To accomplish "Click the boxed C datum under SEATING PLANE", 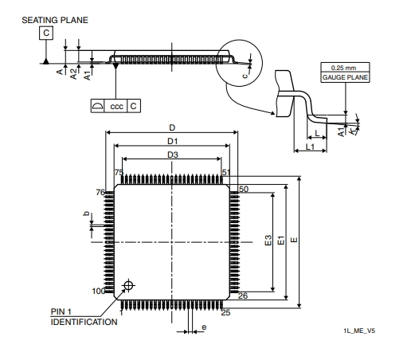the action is click(46, 33).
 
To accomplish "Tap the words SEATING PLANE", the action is click(55, 20).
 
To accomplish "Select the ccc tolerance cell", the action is click(116, 106).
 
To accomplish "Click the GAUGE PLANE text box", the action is click(345, 77).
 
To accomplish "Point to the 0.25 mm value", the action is click(343, 68).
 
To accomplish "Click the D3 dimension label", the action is click(173, 155).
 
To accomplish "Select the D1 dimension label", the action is click(172, 141).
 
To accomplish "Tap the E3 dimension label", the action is click(268, 241).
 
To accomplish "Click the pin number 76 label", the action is click(100, 192).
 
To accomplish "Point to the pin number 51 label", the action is click(226, 173).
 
